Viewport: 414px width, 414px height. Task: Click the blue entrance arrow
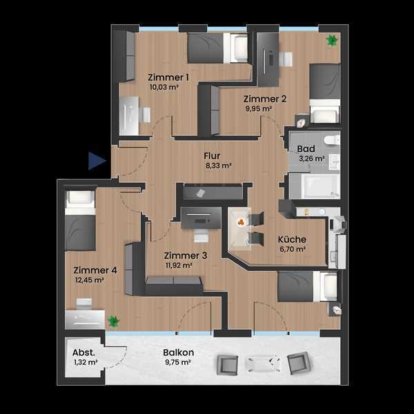[x=97, y=161]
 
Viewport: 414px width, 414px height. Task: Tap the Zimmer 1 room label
[x=168, y=77]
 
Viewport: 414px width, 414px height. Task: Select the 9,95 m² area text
[x=259, y=108]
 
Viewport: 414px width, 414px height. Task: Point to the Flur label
[x=212, y=156]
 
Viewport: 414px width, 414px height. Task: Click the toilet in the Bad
[x=332, y=139]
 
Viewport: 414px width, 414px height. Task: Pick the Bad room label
[x=306, y=149]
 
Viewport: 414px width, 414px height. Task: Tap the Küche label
[x=292, y=239]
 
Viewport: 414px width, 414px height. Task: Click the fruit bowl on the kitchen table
[x=241, y=223]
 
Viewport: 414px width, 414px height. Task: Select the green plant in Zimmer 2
[x=332, y=41]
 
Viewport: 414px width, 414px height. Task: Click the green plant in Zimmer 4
[x=114, y=322]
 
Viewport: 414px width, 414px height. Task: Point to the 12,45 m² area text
[x=89, y=280]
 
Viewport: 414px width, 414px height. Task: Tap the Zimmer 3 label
[x=186, y=255]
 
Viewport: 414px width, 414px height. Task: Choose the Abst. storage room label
[x=83, y=353]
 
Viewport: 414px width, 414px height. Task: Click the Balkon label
[x=178, y=353]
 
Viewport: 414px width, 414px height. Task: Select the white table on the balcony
[x=264, y=364]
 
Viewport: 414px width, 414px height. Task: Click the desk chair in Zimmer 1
[x=145, y=115]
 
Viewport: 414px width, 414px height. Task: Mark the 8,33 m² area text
[x=218, y=166]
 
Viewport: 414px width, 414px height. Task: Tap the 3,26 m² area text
[x=312, y=159]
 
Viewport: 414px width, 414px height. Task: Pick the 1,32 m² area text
[x=86, y=362]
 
